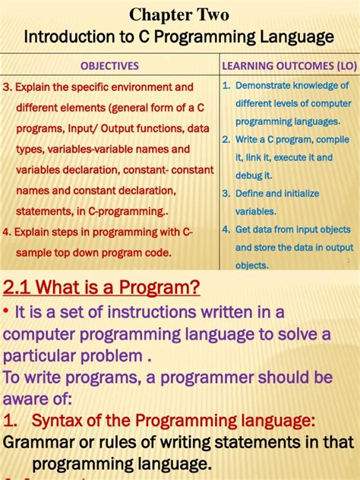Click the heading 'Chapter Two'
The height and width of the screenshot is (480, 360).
[179, 14]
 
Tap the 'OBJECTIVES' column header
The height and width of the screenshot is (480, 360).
[109, 66]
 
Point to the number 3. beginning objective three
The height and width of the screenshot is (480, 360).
[8, 87]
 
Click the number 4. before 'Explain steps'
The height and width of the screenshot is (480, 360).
[8, 232]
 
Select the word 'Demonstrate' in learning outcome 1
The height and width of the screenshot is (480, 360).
[262, 87]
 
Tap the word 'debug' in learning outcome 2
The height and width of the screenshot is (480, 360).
[249, 175]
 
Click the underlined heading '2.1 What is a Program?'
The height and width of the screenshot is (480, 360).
[102, 287]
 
